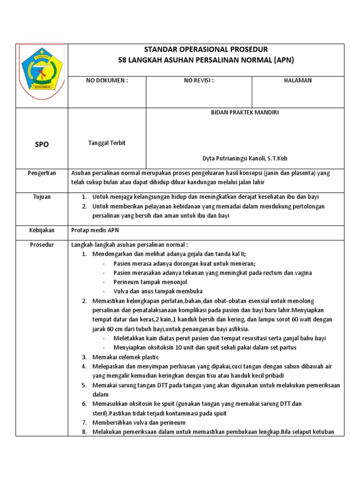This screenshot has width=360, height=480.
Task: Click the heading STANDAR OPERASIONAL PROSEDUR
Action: (206, 50)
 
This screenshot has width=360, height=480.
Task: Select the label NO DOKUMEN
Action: (107, 80)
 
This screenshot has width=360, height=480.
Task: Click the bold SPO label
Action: (42, 144)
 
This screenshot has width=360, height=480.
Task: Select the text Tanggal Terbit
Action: (107, 143)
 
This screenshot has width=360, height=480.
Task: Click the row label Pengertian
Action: (42, 173)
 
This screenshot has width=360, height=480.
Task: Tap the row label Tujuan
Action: (42, 196)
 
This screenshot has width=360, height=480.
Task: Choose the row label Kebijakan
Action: (42, 230)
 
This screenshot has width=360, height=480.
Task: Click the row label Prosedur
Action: (42, 245)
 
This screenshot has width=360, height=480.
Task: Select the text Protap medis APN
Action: (95, 230)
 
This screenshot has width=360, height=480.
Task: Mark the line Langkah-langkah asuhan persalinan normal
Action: (129, 245)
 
